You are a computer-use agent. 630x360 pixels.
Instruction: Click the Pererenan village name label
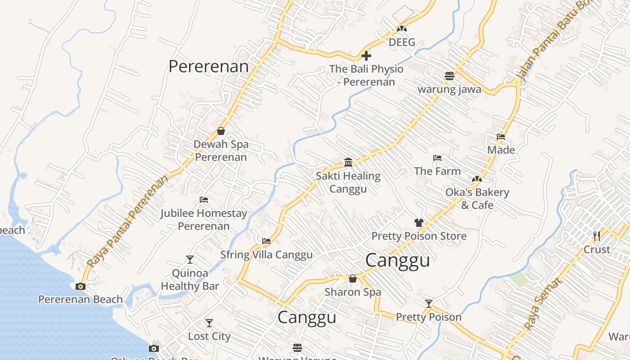coord(208,67)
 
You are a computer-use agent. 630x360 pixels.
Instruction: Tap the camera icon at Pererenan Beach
coord(81,286)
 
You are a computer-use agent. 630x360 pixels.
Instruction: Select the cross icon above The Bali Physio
coord(366,56)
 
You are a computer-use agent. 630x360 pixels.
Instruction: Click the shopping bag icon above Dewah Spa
coord(221,131)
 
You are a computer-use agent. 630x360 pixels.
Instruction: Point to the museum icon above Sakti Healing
coord(348,162)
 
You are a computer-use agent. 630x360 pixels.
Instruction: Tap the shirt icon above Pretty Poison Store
coord(419,222)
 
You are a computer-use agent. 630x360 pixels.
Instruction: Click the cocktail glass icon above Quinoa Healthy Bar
coord(190,260)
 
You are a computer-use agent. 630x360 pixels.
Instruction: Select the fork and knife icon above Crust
coord(597,236)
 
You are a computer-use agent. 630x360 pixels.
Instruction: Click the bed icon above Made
coord(501,137)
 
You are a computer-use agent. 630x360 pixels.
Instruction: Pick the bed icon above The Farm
coord(437,158)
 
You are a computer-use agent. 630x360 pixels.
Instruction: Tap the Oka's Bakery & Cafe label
coord(477,198)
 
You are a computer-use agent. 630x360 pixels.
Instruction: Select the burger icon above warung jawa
coord(449,76)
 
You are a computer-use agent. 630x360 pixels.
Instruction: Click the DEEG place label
coord(402,42)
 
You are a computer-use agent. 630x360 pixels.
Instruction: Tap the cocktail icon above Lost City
coord(209,323)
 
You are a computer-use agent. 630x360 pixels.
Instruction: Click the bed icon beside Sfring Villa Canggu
coord(266,241)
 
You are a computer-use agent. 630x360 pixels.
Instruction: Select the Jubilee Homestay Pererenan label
coord(204,219)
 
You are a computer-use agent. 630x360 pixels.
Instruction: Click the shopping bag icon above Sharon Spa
coord(353,279)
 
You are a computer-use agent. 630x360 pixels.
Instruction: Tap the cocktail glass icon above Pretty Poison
coord(429,304)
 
